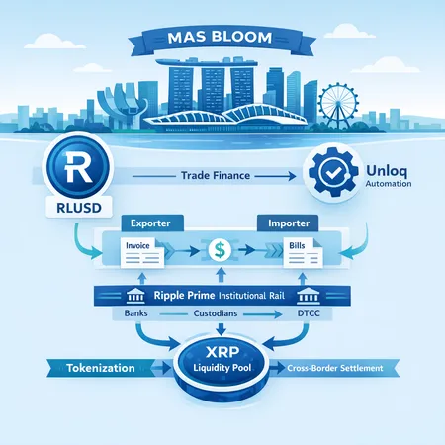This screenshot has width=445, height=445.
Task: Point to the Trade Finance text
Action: click(215, 175)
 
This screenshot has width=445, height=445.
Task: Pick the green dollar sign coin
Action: click(222, 247)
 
